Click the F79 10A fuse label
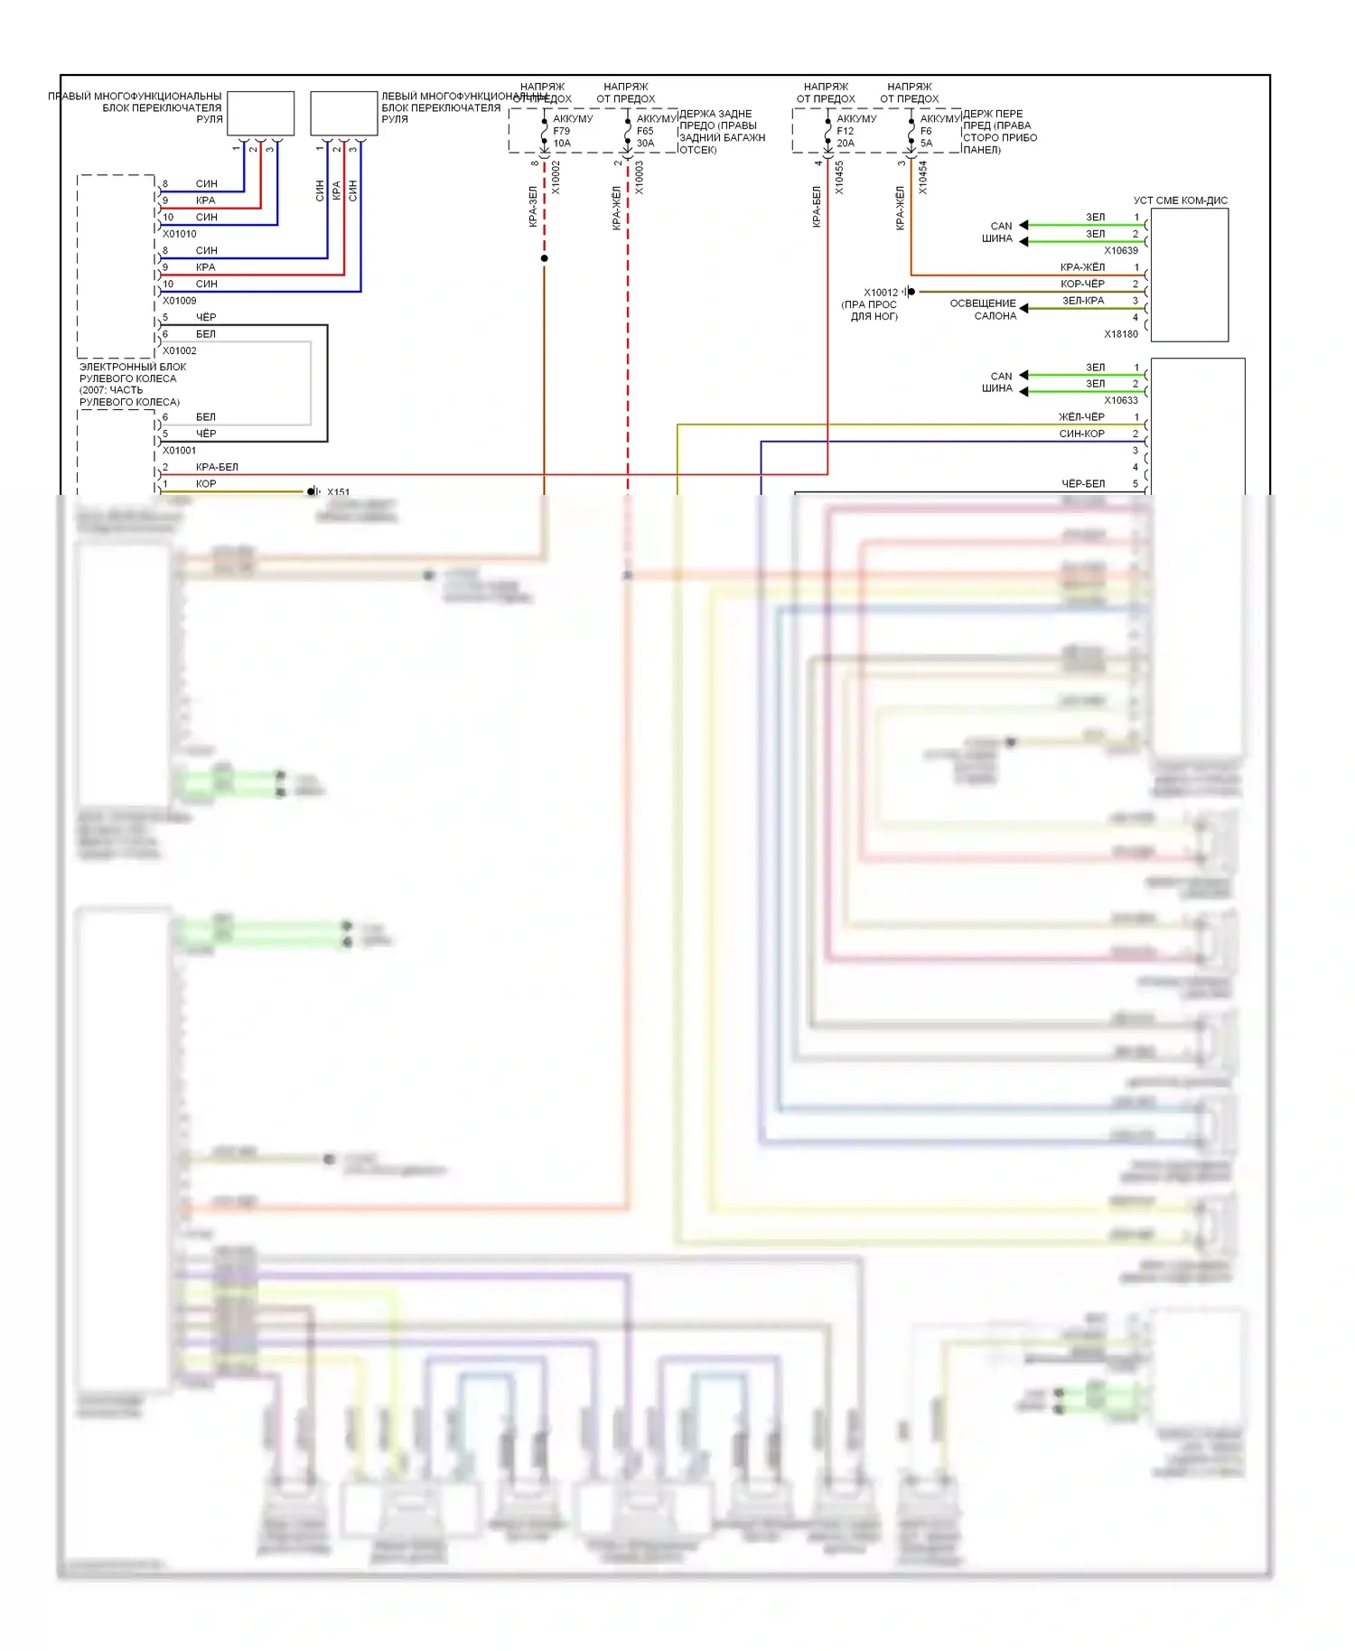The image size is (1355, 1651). click(562, 137)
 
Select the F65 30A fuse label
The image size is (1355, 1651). click(645, 137)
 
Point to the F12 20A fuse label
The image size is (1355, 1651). click(846, 137)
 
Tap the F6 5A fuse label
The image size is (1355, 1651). click(926, 137)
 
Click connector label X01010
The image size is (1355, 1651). click(180, 234)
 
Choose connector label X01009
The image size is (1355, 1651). click(180, 301)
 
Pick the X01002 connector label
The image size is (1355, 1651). click(180, 350)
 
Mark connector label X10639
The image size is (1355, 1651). click(1121, 250)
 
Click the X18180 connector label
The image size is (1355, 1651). click(1121, 334)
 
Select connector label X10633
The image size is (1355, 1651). click(1121, 400)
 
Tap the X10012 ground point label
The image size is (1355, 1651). click(881, 293)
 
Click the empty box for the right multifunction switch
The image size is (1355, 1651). click(260, 113)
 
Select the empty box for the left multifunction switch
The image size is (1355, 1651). click(344, 113)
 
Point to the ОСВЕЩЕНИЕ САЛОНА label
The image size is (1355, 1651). click(983, 310)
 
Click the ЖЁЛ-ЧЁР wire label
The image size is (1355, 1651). click(1081, 417)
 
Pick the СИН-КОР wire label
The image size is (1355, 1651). click(1081, 434)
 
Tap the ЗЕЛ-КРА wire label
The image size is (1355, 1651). click(1083, 301)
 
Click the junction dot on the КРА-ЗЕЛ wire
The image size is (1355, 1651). click(544, 258)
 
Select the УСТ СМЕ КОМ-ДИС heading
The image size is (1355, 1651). click(1181, 201)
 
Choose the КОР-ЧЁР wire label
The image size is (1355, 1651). click(1082, 284)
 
